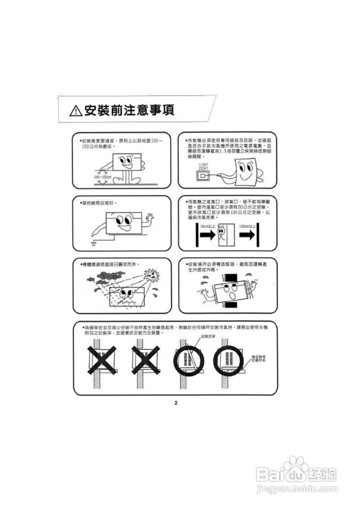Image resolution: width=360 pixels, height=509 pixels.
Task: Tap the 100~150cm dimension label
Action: [x=102, y=177]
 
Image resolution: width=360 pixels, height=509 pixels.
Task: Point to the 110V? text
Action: [x=203, y=164]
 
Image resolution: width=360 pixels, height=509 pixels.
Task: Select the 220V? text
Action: [x=203, y=168]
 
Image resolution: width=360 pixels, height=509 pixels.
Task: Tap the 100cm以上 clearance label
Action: [x=247, y=226]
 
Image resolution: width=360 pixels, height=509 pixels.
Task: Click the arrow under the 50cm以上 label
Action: [x=207, y=236]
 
